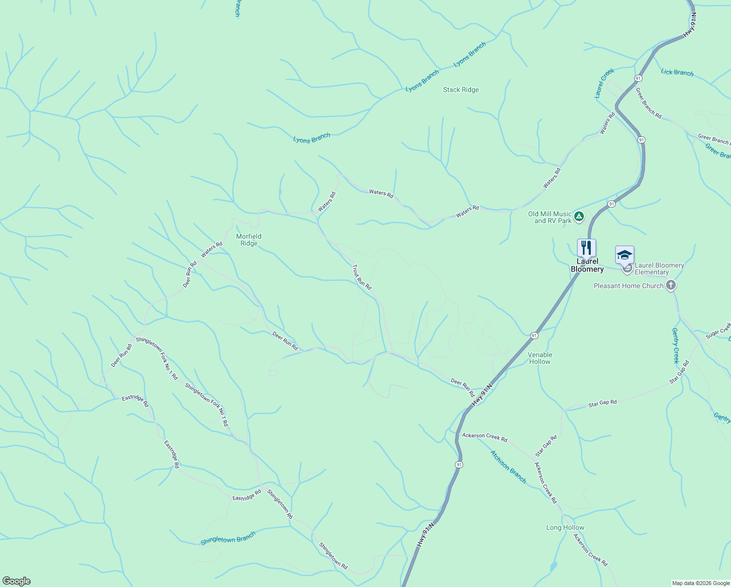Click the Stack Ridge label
(461, 90)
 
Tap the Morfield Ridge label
(249, 240)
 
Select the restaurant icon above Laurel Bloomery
(586, 248)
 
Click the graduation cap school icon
(624, 254)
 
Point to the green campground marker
(579, 216)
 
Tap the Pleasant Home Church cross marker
(671, 285)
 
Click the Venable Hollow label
(540, 358)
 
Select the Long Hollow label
(565, 527)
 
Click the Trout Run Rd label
(362, 277)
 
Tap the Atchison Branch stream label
(508, 467)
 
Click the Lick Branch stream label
(677, 72)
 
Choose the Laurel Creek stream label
(604, 83)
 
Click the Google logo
(16, 581)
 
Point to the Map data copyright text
(701, 583)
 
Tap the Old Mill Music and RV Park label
(550, 217)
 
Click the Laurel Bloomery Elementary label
(659, 269)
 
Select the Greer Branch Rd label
(648, 103)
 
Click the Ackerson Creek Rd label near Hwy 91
(485, 436)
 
